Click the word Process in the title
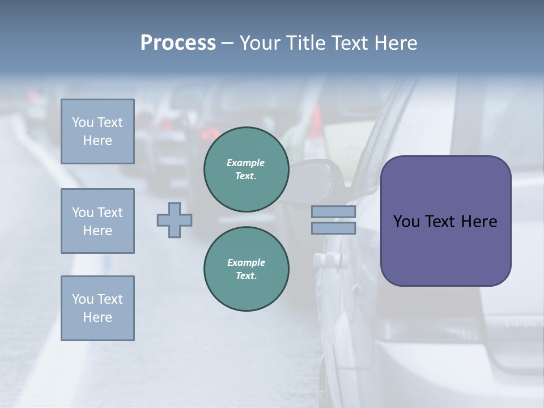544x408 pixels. (178, 43)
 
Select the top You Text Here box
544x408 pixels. (97, 131)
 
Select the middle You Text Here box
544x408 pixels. (97, 221)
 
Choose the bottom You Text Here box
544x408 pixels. (97, 308)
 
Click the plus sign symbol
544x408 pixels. (175, 220)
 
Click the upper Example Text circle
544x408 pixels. (246, 169)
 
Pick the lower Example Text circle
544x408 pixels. (246, 269)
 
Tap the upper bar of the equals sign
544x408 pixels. (333, 212)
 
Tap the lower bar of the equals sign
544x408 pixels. (333, 228)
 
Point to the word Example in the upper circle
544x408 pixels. (245, 163)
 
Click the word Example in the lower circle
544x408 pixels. (246, 262)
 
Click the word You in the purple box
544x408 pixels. (406, 222)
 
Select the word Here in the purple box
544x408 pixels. (479, 222)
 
